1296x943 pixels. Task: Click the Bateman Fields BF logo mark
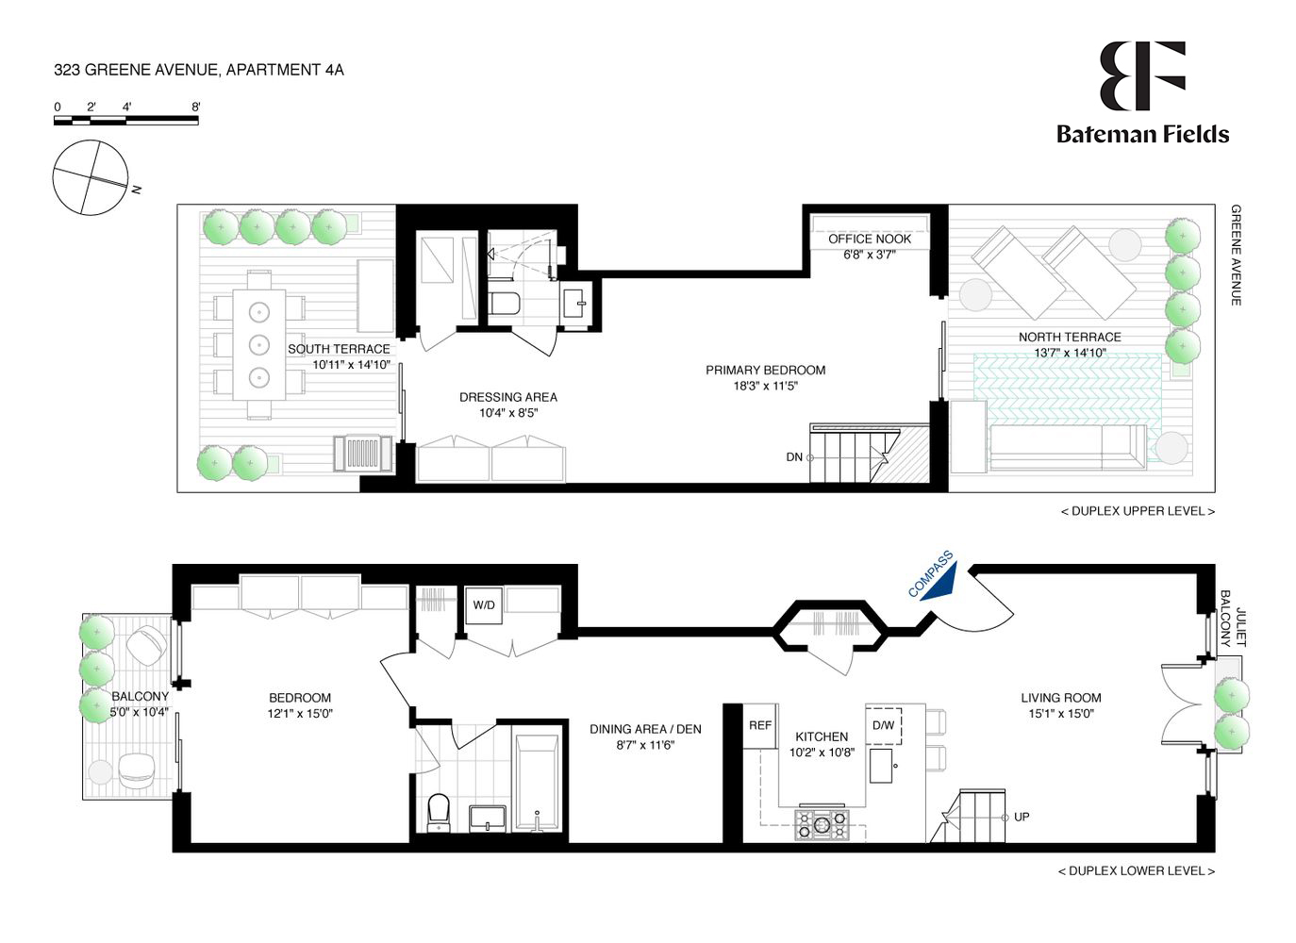pos(1141,75)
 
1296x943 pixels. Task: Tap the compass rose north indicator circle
pos(91,177)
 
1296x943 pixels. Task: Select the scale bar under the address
pos(126,120)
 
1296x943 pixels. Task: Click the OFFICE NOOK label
pos(870,240)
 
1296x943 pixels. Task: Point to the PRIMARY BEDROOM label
pos(765,371)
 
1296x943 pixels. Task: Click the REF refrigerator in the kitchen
pos(760,726)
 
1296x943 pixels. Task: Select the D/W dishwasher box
pos(884,726)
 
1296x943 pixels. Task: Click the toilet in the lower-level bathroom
pos(439,812)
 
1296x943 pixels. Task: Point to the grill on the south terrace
pos(362,454)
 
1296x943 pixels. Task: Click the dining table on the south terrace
pos(258,342)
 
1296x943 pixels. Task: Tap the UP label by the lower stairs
pos(1022,817)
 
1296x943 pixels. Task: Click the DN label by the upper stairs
pos(794,457)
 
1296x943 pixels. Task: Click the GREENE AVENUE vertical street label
pos(1236,255)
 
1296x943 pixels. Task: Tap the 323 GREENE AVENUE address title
pos(199,70)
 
